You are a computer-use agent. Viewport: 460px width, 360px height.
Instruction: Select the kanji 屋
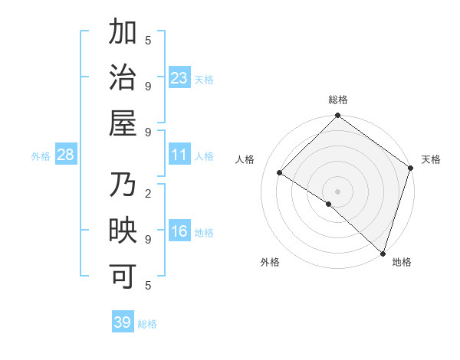pos(123,123)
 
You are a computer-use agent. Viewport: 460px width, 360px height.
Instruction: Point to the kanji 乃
pos(123,186)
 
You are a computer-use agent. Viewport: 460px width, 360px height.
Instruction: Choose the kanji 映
pos(123,231)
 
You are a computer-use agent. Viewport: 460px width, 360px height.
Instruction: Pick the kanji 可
pos(123,277)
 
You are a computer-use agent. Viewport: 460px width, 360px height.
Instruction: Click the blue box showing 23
pos(179,78)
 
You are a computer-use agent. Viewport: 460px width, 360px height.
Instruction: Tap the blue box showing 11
pos(179,155)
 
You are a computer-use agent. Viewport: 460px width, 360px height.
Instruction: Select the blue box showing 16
pos(179,232)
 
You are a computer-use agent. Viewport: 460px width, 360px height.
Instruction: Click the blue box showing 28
pos(66,155)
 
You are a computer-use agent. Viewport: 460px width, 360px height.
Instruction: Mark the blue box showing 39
pos(123,322)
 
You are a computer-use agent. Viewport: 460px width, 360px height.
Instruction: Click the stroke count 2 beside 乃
pos(148,193)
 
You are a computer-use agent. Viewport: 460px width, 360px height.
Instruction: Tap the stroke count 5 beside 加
pos(148,40)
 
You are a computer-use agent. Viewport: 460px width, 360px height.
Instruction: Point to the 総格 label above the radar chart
pos(337,100)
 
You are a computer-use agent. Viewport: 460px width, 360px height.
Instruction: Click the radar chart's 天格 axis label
pos(431,159)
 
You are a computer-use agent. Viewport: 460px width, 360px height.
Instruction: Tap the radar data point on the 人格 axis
pos(280,172)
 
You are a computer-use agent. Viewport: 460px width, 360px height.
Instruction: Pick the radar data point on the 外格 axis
pos(328,204)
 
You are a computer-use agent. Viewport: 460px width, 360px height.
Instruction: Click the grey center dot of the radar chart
pos(337,191)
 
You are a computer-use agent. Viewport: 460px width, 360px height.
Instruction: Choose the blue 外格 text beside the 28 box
pos(41,156)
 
